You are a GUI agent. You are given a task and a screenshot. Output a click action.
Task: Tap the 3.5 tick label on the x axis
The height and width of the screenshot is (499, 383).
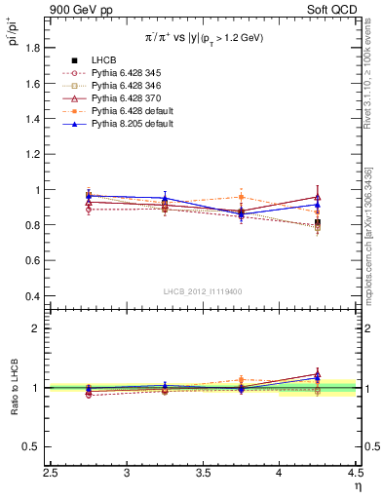click(203, 473)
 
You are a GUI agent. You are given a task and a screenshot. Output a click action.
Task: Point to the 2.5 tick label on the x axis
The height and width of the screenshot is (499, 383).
click(51, 473)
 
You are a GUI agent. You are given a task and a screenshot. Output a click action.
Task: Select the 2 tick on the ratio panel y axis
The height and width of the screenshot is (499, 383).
click(39, 328)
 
